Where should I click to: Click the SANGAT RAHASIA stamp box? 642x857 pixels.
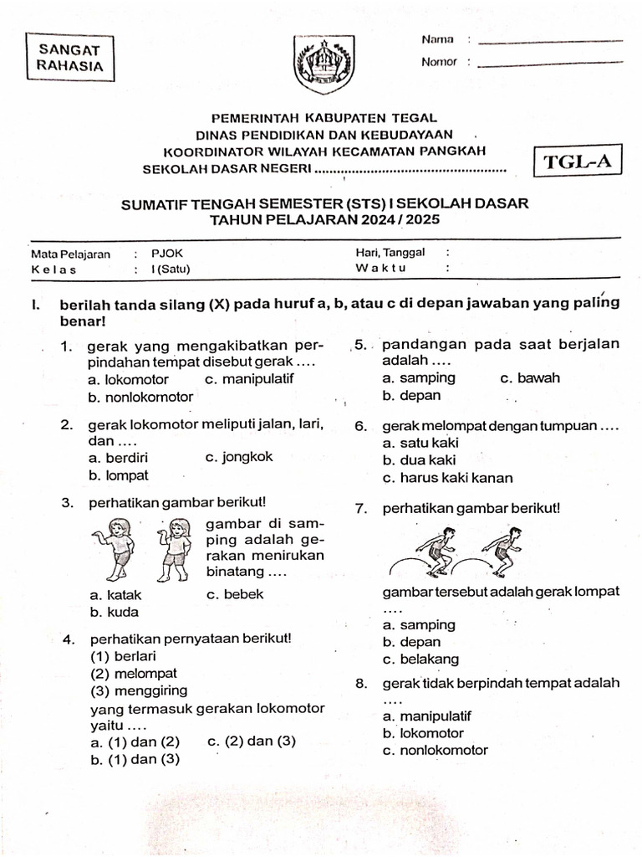click(x=70, y=57)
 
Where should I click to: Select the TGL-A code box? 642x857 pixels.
click(x=578, y=162)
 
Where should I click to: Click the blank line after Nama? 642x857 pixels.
click(x=553, y=41)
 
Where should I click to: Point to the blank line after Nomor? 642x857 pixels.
click(x=553, y=63)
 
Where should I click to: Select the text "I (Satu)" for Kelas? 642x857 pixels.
click(x=171, y=269)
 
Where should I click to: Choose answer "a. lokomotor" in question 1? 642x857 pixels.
click(x=129, y=379)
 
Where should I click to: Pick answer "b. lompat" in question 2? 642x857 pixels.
click(x=119, y=475)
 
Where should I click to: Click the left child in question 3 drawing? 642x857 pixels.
click(x=117, y=549)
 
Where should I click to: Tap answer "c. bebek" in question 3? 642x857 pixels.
click(x=234, y=594)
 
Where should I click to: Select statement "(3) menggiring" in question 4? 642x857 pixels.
click(x=139, y=690)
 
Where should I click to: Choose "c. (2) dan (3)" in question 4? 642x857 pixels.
click(x=251, y=741)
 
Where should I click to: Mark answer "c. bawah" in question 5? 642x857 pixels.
click(x=530, y=377)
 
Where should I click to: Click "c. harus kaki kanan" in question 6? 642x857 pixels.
click(x=447, y=478)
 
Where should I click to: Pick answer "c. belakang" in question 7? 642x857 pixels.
click(x=420, y=659)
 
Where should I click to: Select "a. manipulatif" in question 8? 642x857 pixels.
click(x=426, y=716)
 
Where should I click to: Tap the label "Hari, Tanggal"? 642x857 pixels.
click(x=390, y=252)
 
